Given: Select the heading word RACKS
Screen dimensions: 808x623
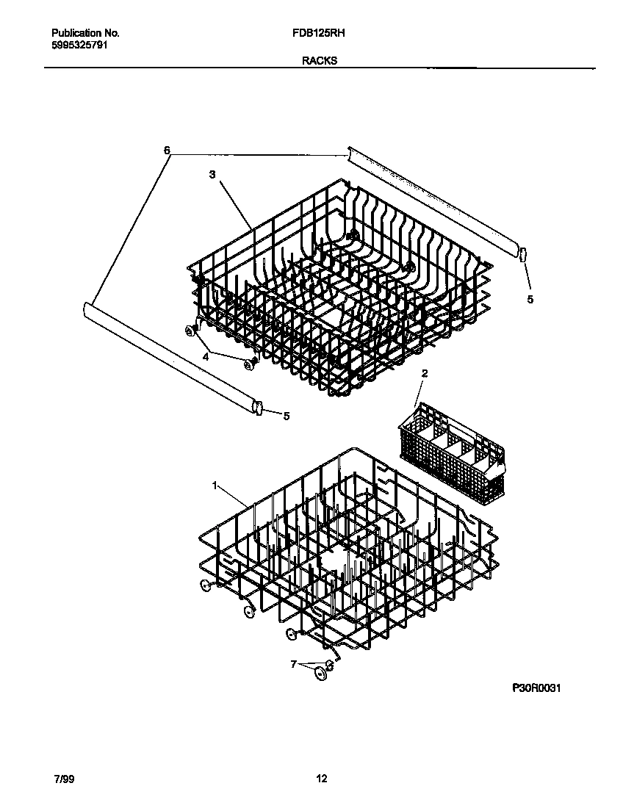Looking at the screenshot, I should [320, 61].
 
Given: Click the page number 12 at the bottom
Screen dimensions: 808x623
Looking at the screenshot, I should [321, 779].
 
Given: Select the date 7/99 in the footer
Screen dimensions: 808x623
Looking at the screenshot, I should [61, 779].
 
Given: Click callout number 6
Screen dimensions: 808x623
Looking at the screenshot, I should [168, 151].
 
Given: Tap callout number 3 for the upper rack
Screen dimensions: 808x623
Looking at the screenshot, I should [212, 175].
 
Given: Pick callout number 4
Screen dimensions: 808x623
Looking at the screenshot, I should [206, 356].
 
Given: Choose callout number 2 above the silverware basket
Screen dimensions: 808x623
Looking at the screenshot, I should [424, 374].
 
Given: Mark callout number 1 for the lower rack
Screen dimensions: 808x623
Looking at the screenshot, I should [215, 486].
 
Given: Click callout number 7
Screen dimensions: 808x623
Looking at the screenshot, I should [293, 664].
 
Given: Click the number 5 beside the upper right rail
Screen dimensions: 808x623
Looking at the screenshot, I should [530, 299].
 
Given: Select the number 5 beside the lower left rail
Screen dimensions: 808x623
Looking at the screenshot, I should [287, 416].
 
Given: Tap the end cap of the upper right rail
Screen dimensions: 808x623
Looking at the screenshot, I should [523, 255].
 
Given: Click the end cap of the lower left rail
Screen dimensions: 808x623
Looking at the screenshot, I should [257, 407].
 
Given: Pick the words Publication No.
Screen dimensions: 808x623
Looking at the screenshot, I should [86, 33].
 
